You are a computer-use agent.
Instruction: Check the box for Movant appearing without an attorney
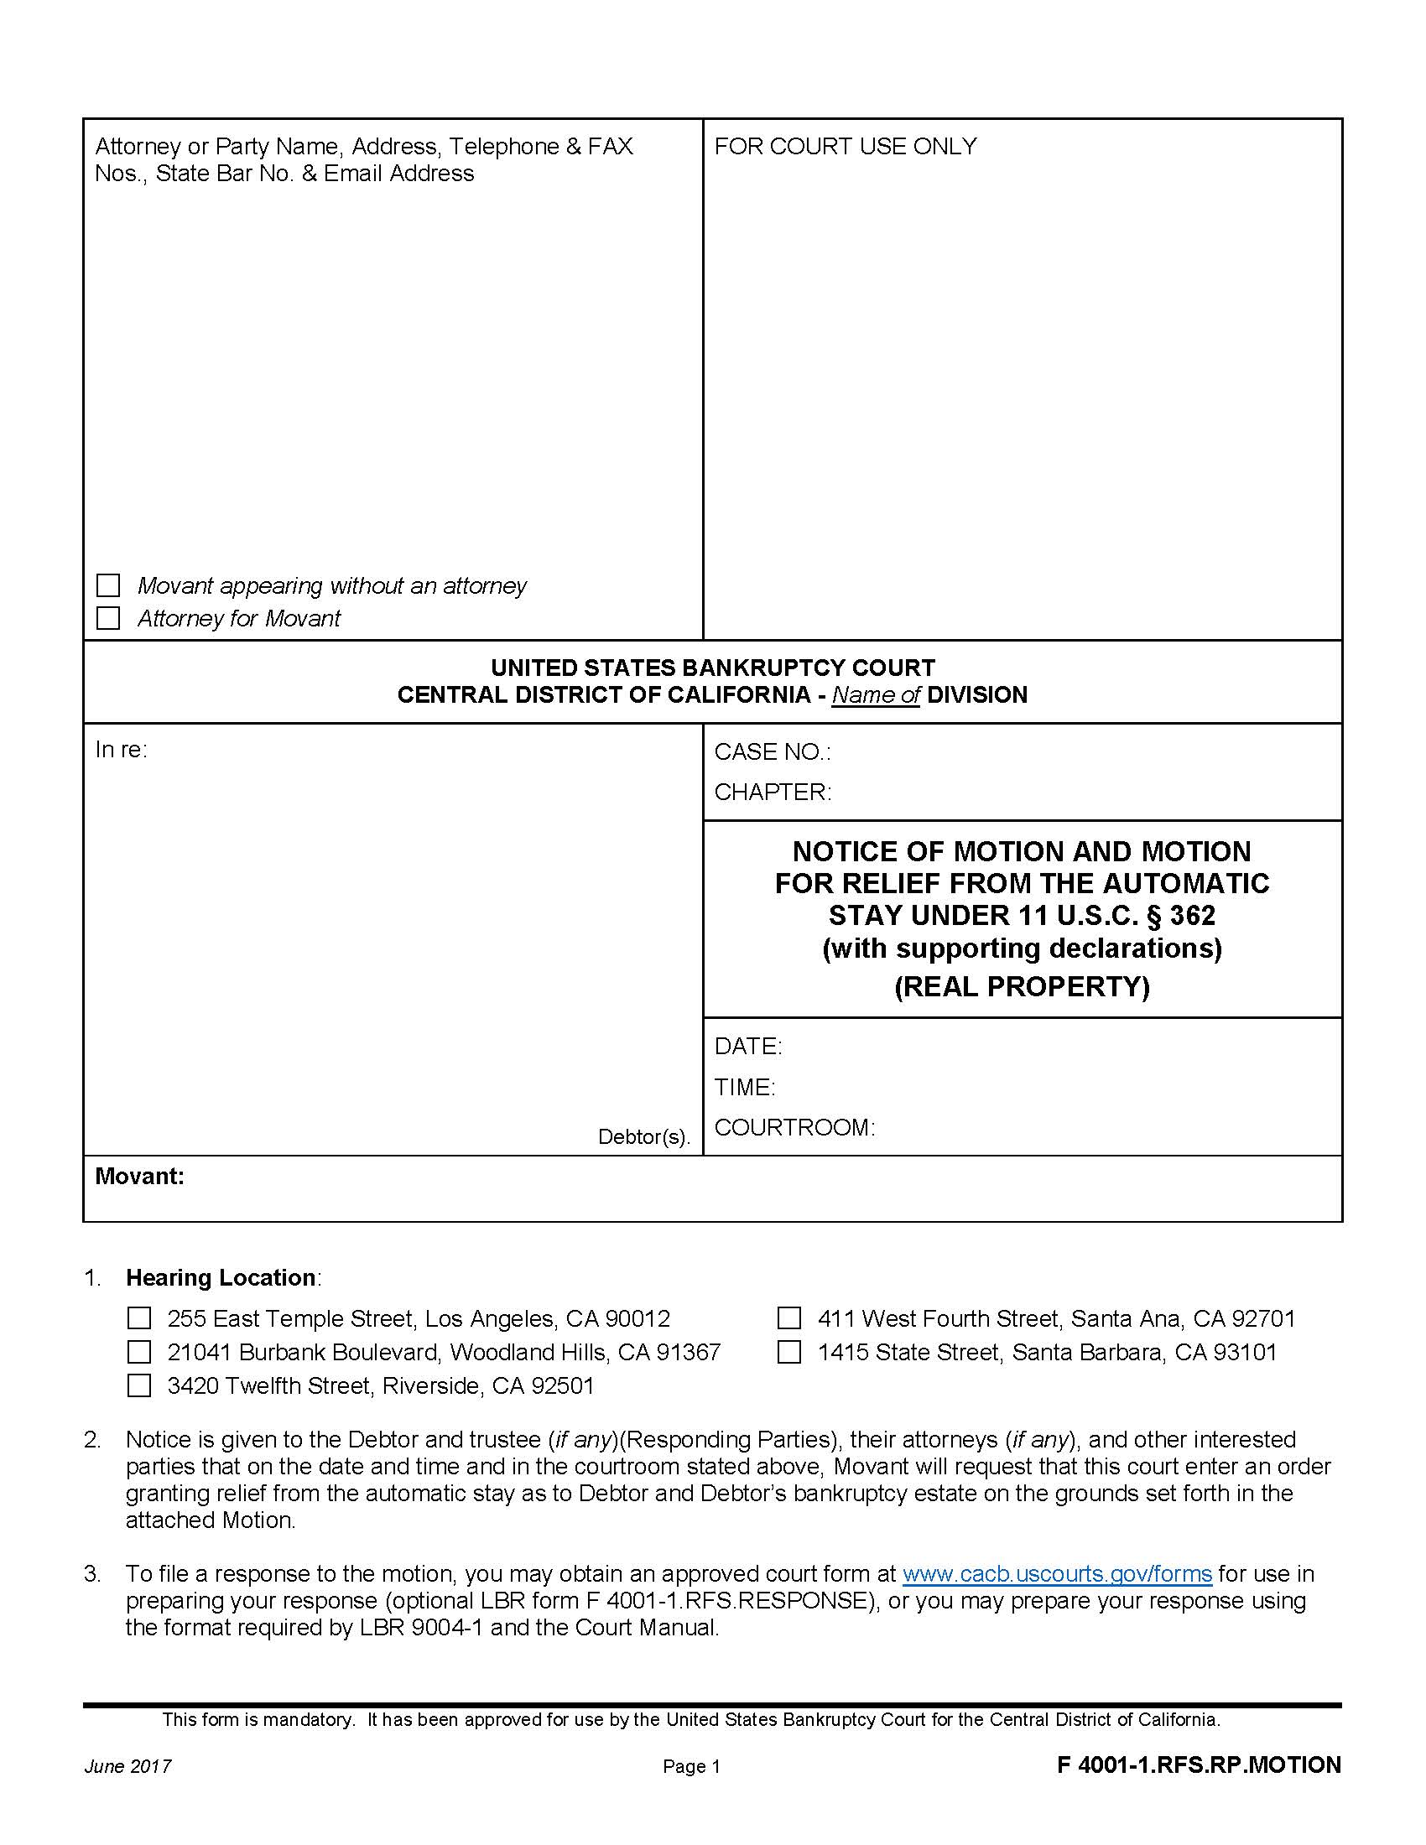[108, 585]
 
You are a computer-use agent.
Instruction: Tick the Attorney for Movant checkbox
[108, 618]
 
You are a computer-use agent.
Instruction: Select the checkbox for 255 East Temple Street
[138, 1318]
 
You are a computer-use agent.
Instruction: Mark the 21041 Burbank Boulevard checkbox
[138, 1353]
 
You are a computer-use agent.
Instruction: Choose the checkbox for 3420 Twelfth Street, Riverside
[138, 1386]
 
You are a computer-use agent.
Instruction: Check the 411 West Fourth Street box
[788, 1318]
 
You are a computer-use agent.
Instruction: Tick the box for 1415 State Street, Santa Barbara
[788, 1353]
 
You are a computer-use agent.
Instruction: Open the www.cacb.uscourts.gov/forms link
[1057, 1574]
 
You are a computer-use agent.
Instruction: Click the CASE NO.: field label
[772, 752]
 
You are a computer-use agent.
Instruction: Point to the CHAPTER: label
[772, 793]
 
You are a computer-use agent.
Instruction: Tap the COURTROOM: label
[794, 1128]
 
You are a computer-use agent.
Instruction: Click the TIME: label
[744, 1087]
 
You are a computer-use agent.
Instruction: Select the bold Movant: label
[139, 1176]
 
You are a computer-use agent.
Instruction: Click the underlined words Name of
[875, 695]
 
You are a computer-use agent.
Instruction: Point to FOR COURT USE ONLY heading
[845, 147]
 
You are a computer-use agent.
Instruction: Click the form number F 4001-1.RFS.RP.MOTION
[1198, 1764]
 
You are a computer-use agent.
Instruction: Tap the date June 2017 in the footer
[128, 1766]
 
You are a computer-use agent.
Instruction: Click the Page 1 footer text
[691, 1766]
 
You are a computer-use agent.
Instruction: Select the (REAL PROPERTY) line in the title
[1022, 987]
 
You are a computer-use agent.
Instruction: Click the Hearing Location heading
[221, 1277]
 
